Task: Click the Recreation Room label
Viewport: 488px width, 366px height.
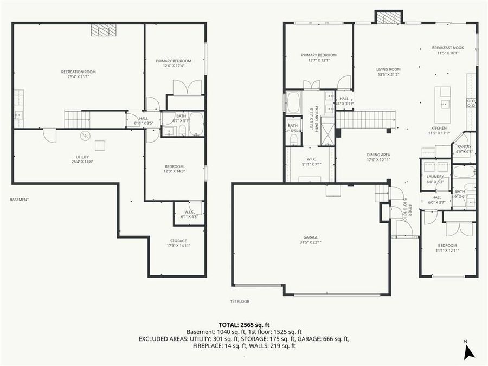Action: (79, 72)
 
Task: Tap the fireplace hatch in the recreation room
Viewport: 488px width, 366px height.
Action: (103, 30)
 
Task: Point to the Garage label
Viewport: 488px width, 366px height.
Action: (311, 237)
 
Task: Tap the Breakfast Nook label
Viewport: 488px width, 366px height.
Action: (447, 48)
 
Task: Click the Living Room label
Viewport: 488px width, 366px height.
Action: (388, 69)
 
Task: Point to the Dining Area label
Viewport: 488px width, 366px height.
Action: (378, 155)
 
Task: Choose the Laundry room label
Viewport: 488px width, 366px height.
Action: (435, 176)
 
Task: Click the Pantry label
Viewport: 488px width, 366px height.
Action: (464, 146)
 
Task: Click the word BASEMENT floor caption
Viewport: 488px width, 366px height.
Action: (20, 200)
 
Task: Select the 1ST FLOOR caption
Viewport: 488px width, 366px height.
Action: (239, 301)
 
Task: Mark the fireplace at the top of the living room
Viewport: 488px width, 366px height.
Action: (388, 18)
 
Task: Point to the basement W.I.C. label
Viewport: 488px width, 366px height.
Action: (189, 212)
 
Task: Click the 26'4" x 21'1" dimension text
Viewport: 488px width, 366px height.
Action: (79, 77)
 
